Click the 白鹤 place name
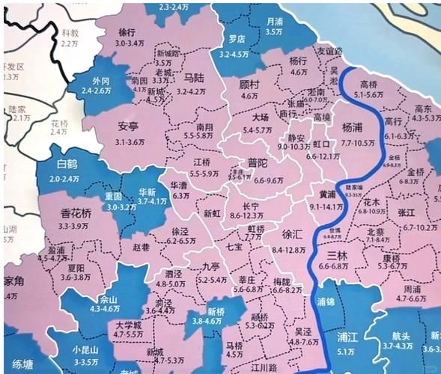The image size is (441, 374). [x=67, y=164]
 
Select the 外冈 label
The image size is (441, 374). [x=100, y=80]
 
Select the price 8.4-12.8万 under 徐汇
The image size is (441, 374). [x=292, y=249]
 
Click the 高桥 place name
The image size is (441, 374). [x=368, y=85]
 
